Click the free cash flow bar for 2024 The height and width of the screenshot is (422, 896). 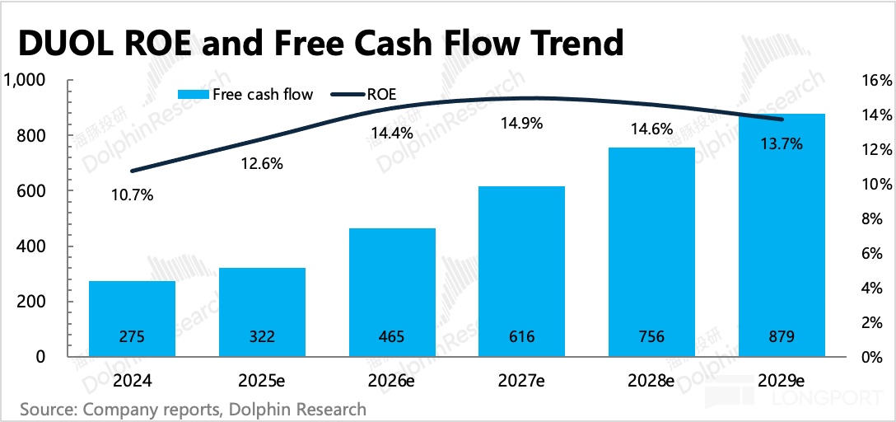(132, 317)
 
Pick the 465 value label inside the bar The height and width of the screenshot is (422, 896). (392, 337)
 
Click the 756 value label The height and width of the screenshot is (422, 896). (652, 337)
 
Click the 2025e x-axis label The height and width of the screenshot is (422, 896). (263, 382)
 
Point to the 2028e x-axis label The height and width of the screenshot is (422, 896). (652, 382)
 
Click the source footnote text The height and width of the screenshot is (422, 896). (193, 409)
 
